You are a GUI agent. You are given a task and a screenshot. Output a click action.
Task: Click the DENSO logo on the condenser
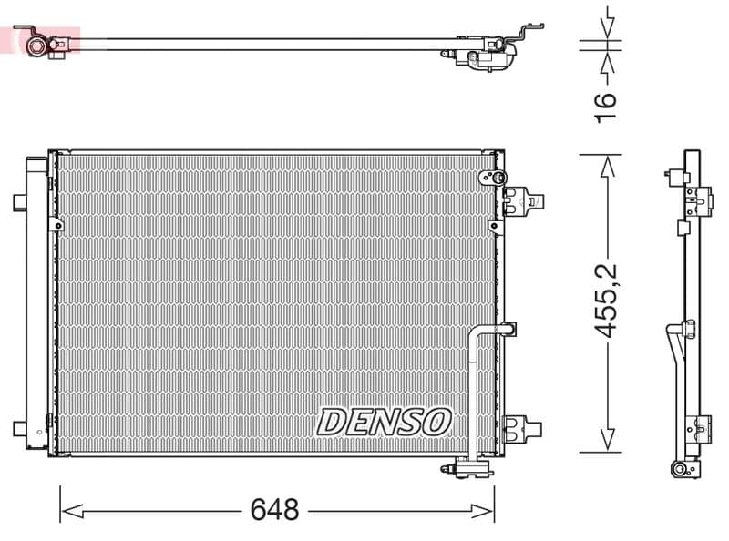click(384, 421)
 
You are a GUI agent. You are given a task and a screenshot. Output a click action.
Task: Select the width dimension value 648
click(274, 510)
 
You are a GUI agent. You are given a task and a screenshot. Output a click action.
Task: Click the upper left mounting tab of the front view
click(19, 202)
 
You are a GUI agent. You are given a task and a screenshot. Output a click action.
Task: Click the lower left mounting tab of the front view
click(19, 428)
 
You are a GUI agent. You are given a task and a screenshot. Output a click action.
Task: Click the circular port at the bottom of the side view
click(679, 468)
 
